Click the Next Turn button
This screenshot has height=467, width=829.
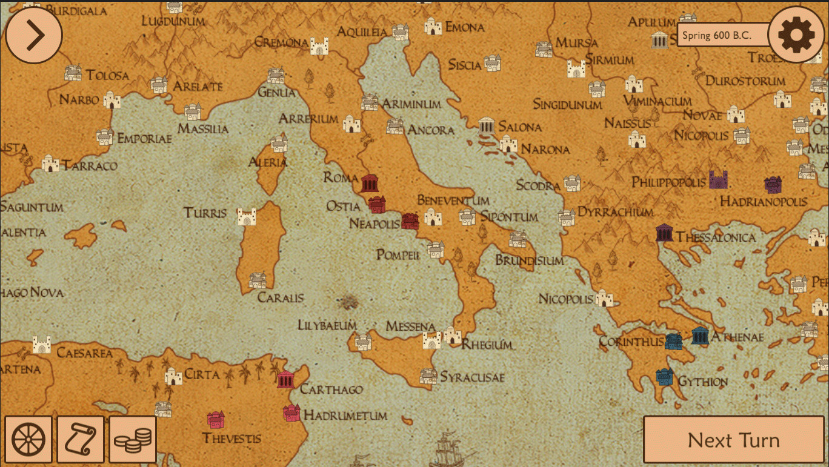(x=733, y=440)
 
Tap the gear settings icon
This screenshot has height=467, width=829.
(x=796, y=35)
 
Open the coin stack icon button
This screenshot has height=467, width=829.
(x=133, y=440)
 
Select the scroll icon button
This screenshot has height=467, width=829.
(x=81, y=440)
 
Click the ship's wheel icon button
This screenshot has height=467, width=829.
(x=28, y=440)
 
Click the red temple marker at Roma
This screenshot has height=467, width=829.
(x=370, y=183)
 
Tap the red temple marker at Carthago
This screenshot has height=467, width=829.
(x=286, y=380)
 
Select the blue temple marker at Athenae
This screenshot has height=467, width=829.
(x=700, y=336)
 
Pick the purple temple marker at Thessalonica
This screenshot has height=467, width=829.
(x=664, y=233)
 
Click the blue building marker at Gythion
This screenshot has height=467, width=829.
(x=665, y=377)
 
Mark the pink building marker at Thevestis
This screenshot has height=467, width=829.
(x=216, y=419)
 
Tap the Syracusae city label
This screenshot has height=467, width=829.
(x=471, y=377)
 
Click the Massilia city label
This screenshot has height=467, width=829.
(x=203, y=129)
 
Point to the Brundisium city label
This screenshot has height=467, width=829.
(x=529, y=260)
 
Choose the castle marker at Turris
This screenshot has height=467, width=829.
(x=247, y=216)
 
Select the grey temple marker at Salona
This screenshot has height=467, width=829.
(x=487, y=126)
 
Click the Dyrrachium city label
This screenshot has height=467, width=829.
(x=615, y=212)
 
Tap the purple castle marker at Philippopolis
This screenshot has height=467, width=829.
(x=718, y=179)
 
